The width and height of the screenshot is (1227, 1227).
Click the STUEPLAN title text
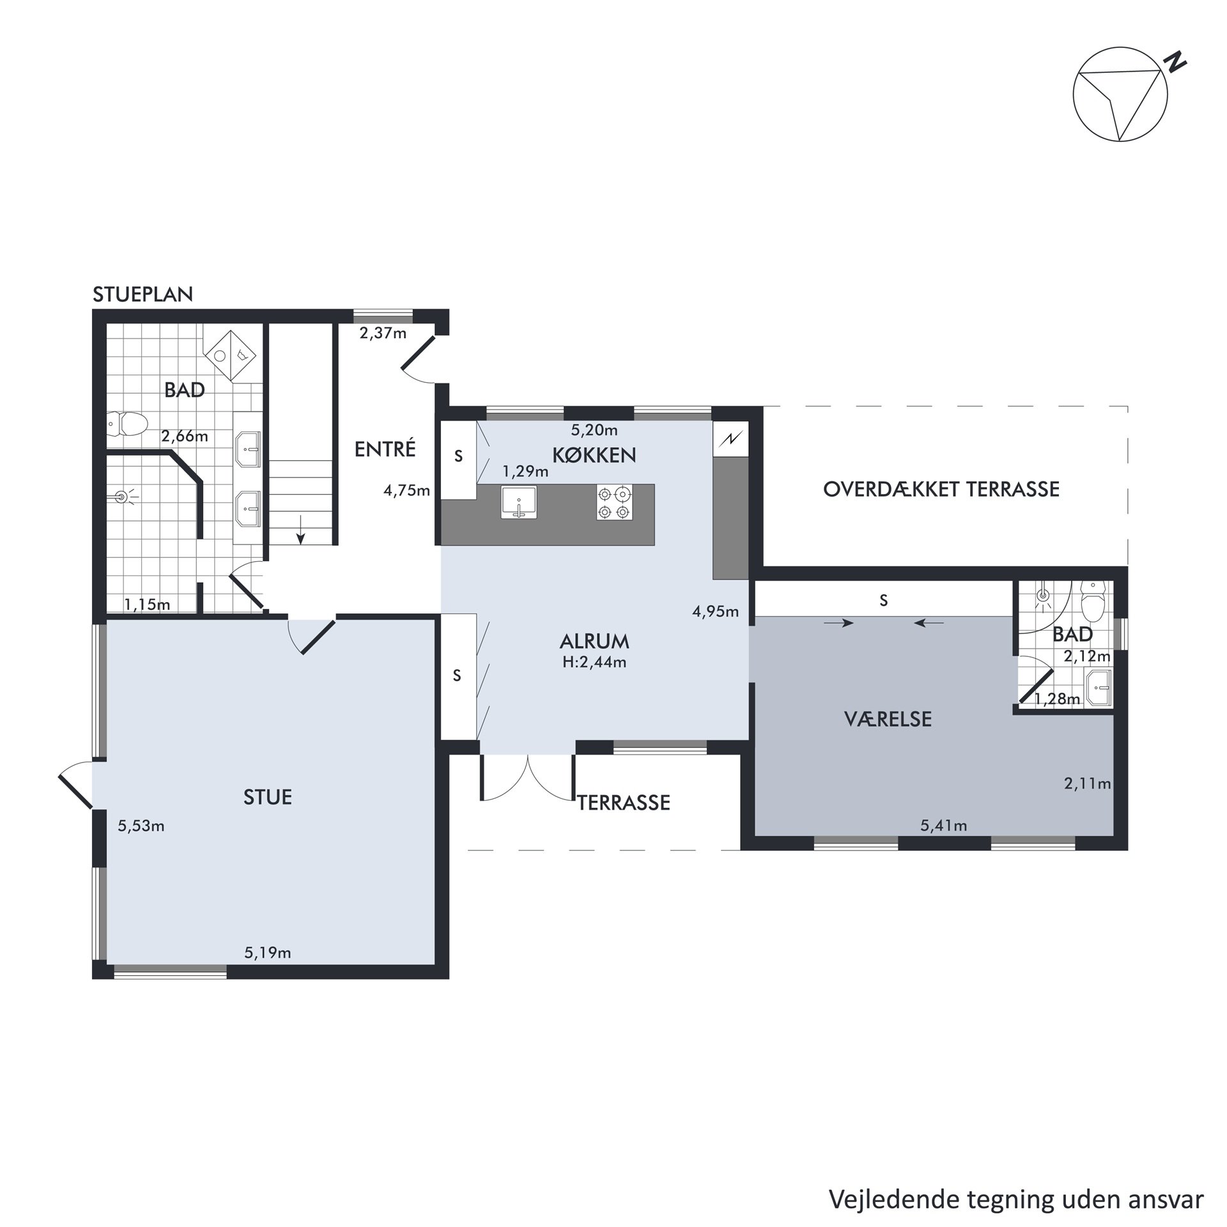click(143, 295)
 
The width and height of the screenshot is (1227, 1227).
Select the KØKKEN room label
click(594, 455)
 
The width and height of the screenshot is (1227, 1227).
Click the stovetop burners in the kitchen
click(614, 502)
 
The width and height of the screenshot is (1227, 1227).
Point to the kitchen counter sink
click(518, 502)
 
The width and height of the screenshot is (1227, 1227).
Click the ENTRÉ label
click(385, 449)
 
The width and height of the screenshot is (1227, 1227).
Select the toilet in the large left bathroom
click(127, 422)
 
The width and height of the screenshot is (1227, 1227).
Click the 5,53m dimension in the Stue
click(141, 826)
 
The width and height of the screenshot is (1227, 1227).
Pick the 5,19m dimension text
click(267, 953)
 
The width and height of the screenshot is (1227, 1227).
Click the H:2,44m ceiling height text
click(594, 662)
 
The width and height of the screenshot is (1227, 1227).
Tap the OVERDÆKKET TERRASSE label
click(941, 490)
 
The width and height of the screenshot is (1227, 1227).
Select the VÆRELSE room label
click(888, 719)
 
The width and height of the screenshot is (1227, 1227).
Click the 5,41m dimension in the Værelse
click(943, 826)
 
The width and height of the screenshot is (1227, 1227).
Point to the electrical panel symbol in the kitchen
click(731, 438)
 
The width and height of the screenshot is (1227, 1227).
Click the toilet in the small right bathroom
click(1092, 601)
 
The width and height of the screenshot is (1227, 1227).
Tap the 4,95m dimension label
click(715, 612)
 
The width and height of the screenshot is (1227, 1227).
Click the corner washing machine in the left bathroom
click(230, 356)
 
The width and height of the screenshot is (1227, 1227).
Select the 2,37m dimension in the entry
click(383, 333)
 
